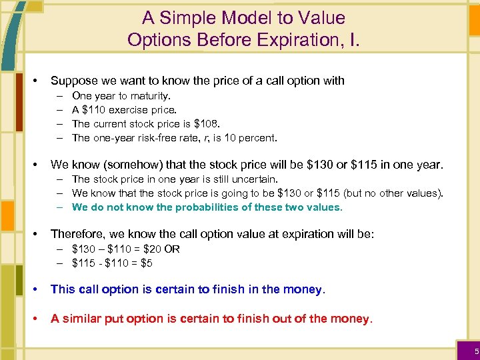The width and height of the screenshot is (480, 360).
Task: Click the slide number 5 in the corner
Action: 476,351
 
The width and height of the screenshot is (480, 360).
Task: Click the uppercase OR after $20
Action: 173,249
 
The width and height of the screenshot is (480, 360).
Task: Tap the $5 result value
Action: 146,263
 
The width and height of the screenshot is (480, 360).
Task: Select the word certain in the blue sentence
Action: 174,290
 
